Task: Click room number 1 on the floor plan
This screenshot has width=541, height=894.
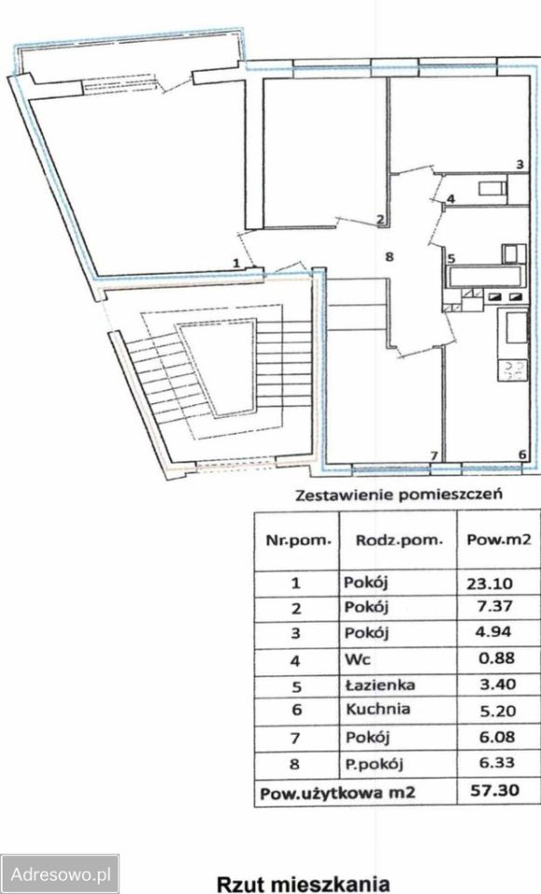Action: pyautogui.click(x=237, y=264)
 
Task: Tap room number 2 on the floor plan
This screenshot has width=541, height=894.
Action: pyautogui.click(x=379, y=221)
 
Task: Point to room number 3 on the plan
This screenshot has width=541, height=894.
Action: pyautogui.click(x=521, y=165)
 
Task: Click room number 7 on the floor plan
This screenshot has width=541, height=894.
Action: pyautogui.click(x=433, y=454)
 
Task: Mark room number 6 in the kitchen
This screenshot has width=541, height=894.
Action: pyautogui.click(x=521, y=454)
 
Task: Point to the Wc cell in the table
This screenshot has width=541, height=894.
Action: pyautogui.click(x=355, y=659)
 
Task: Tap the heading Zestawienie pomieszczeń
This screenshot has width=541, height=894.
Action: pyautogui.click(x=399, y=494)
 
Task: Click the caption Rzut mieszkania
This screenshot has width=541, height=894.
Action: pyautogui.click(x=302, y=881)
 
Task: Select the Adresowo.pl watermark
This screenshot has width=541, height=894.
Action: pyautogui.click(x=61, y=874)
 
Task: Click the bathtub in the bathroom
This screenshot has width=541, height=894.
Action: pyautogui.click(x=484, y=277)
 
